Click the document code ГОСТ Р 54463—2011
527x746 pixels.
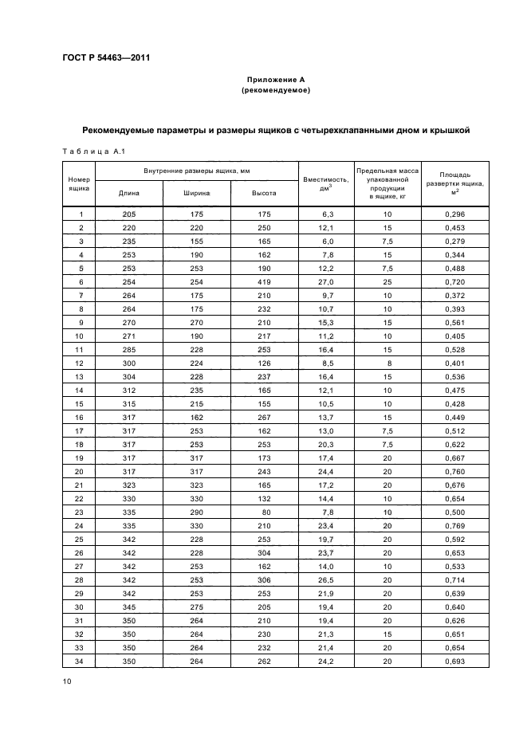point(106,58)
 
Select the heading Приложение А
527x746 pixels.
point(275,80)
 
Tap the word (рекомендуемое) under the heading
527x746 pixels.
point(275,91)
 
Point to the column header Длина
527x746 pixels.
point(129,193)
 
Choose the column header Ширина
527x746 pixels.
point(196,193)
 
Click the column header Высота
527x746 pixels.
point(264,193)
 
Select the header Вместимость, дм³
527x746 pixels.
point(325,183)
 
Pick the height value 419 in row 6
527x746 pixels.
point(265,282)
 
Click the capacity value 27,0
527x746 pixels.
point(326,282)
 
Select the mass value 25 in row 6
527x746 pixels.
point(387,282)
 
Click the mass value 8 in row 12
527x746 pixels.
point(387,363)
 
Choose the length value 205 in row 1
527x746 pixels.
point(129,214)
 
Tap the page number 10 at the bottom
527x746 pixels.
point(67,681)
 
